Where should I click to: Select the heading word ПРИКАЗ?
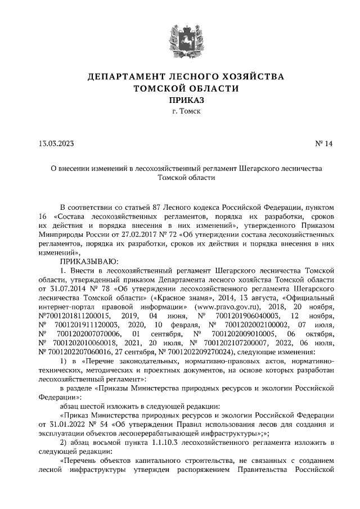tap(180, 100)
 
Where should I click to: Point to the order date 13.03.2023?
tap(56, 143)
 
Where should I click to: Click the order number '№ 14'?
tap(324, 143)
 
